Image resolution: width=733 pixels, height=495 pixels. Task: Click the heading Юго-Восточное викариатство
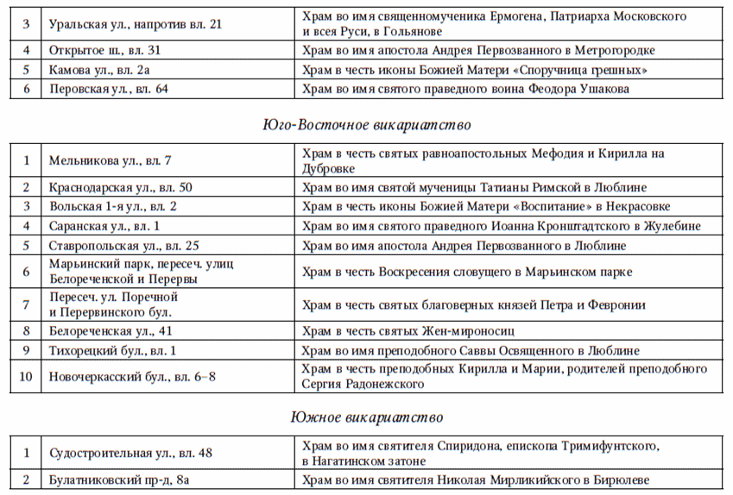[x=366, y=125]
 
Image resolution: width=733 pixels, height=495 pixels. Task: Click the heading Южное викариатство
[x=366, y=418]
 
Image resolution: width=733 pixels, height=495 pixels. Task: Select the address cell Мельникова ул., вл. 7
[x=111, y=160]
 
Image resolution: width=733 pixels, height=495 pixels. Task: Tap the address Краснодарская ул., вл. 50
[x=120, y=187]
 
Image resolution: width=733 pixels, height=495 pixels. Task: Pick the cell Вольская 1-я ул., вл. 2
[x=113, y=207]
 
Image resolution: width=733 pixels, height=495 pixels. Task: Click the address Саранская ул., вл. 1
[x=104, y=227]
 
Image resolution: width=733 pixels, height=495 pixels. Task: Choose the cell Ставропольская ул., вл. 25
[x=124, y=247]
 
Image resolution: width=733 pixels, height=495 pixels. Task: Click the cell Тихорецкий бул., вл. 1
[x=112, y=351]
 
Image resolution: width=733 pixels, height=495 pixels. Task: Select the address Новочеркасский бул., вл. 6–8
[x=132, y=376]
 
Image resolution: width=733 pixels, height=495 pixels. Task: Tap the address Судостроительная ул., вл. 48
[x=130, y=453]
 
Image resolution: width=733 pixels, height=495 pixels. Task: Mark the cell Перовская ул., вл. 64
[x=108, y=89]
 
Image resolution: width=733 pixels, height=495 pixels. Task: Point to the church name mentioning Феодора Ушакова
[x=465, y=89]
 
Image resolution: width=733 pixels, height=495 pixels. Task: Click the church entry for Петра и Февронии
[x=473, y=304]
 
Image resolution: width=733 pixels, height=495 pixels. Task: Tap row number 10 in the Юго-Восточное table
[x=27, y=376]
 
